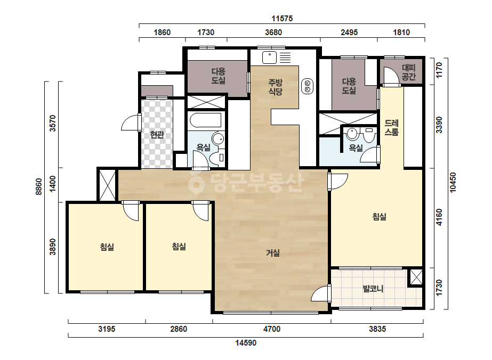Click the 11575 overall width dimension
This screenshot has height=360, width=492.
[282, 19]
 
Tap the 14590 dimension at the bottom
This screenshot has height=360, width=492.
[246, 343]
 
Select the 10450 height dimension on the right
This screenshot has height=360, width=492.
[453, 183]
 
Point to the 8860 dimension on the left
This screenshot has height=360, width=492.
[38, 186]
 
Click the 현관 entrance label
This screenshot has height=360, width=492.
[157, 135]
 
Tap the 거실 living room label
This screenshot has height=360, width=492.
[273, 253]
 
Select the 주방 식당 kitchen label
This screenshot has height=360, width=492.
[275, 87]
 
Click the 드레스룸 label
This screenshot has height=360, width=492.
[391, 127]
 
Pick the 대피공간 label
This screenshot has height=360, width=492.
[408, 72]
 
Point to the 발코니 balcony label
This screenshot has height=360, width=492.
[373, 289]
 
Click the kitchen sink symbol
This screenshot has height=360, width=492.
[269, 58]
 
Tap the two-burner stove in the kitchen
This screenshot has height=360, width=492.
[307, 86]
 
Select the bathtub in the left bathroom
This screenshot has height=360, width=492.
[206, 120]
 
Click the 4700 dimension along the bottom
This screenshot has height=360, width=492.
[272, 329]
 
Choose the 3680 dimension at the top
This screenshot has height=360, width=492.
[273, 32]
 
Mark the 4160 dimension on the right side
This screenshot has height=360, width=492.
[439, 217]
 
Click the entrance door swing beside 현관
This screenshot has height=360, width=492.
[130, 122]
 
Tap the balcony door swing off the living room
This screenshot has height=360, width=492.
[320, 293]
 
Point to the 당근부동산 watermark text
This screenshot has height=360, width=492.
[246, 183]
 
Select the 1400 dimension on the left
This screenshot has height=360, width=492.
[52, 184]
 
